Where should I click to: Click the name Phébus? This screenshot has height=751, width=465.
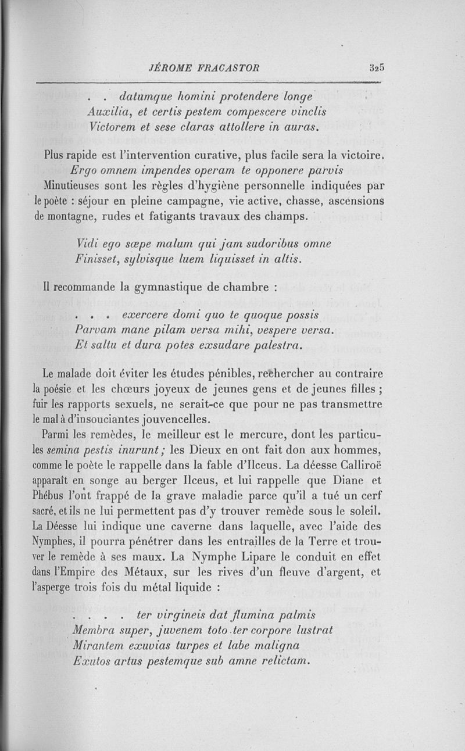[61, 496]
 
